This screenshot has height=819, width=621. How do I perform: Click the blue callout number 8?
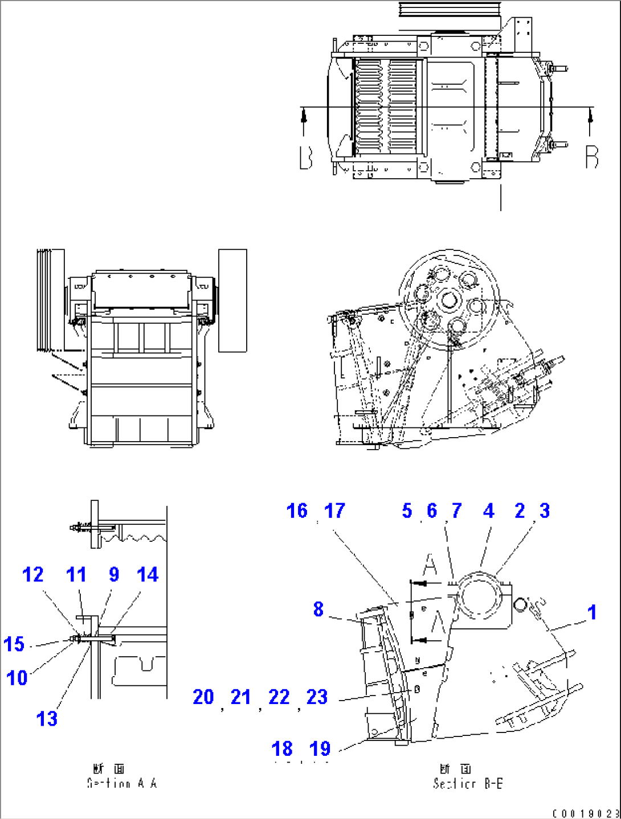point(318,609)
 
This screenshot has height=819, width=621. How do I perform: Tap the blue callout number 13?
point(47,719)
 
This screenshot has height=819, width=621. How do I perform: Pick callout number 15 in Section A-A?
point(14,644)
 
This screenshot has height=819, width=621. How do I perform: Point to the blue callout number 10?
point(17,678)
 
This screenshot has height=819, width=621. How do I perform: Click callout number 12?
point(33,574)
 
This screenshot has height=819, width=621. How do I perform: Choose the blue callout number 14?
point(148,574)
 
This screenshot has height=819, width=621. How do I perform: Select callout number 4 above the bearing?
point(488,511)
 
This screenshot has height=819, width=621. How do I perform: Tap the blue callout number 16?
point(297,511)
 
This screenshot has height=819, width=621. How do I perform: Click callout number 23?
point(317,697)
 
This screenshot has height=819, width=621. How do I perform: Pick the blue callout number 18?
point(282,748)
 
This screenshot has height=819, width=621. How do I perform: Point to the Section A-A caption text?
point(122,783)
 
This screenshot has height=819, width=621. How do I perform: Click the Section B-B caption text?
point(468,784)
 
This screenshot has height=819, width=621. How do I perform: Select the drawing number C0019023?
point(586,814)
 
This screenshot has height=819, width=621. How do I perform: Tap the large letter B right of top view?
point(592,157)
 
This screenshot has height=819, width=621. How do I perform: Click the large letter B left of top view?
point(306,158)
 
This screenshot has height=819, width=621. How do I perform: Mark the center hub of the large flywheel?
point(449,299)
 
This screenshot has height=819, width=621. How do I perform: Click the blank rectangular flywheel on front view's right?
point(232,300)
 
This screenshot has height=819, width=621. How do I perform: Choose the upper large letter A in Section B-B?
point(430,565)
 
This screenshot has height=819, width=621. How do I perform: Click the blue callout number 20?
point(203,697)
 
